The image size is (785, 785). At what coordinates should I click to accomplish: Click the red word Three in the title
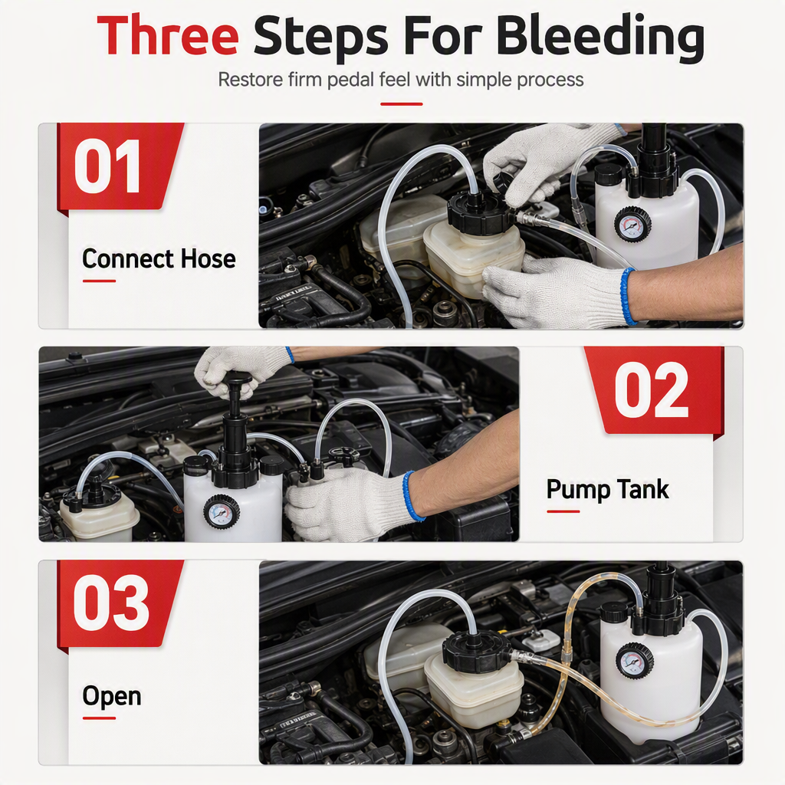[x=167, y=36]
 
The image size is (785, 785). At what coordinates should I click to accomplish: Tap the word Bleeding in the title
[x=600, y=38]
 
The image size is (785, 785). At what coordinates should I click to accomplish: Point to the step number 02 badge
[x=653, y=390]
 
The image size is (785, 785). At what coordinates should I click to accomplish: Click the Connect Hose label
[x=159, y=259]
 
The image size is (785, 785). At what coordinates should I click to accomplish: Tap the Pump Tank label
[x=607, y=490]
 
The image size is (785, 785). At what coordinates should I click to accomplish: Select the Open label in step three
[x=112, y=697]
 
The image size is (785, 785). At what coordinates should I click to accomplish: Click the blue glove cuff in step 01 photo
[x=626, y=297]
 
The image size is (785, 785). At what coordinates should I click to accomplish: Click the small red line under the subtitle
[x=402, y=104]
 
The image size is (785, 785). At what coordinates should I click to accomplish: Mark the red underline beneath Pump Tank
[x=563, y=511]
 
